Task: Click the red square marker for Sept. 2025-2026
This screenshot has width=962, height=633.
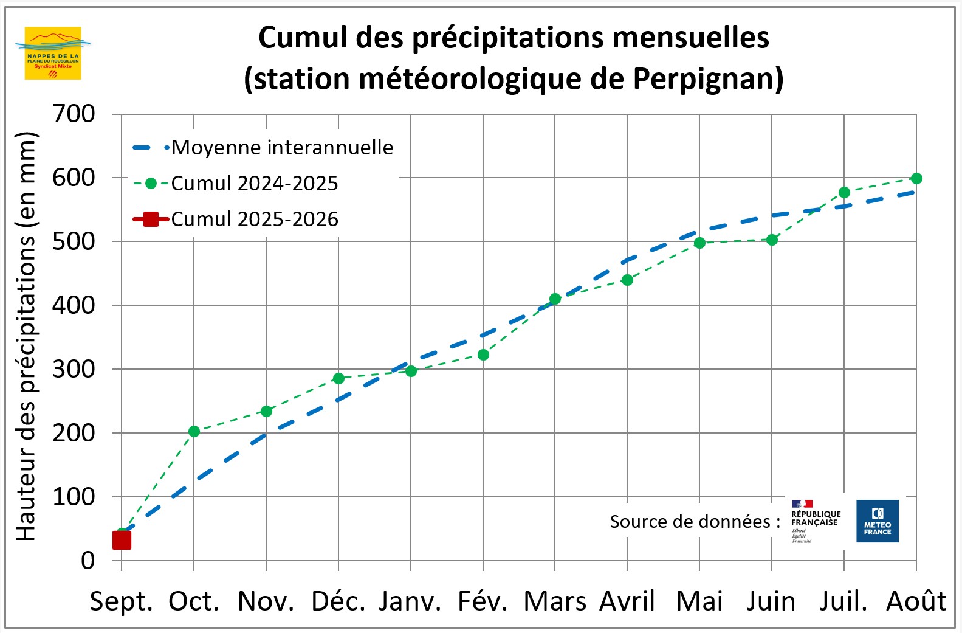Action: pos(122,539)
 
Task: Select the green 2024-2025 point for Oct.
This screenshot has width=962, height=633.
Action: pos(194,431)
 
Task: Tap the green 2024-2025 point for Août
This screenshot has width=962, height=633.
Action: pos(916,178)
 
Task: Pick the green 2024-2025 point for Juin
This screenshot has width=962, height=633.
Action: pos(772,240)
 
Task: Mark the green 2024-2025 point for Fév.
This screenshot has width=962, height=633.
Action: pos(483,355)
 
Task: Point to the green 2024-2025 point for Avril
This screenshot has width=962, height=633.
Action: pos(627,280)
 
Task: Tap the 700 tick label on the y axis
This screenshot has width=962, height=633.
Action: pos(74,114)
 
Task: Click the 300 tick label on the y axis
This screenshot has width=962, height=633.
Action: pos(74,369)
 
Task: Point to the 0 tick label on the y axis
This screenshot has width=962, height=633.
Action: pos(88,560)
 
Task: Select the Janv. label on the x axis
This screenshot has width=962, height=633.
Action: pos(410,601)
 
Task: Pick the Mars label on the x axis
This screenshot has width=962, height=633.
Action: pos(555,601)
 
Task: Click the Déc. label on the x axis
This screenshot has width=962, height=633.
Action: pos(338,601)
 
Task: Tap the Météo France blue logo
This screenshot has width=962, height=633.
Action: pos(877,521)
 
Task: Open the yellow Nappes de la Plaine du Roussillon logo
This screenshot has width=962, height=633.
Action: pos(53,53)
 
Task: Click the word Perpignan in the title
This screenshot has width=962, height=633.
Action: pos(708,78)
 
